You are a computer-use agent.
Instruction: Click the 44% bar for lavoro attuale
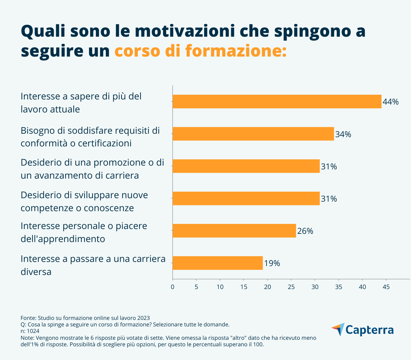click(x=277, y=101)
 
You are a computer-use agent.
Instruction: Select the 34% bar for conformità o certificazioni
click(x=253, y=134)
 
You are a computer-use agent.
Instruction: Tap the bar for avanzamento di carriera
click(x=246, y=166)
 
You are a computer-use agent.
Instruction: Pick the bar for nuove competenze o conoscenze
click(x=246, y=198)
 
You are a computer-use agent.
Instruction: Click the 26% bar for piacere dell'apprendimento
click(x=234, y=230)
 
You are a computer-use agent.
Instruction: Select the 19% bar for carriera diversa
click(x=217, y=263)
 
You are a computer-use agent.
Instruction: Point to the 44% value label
click(x=390, y=102)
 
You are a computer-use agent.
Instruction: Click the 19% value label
click(x=272, y=263)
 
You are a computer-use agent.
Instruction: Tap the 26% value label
click(x=305, y=231)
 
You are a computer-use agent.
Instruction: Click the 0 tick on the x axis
click(x=172, y=287)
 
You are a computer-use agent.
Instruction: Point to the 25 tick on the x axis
click(x=291, y=287)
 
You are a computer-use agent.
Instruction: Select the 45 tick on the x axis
click(x=386, y=287)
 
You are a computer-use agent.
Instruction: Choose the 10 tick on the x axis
click(x=220, y=287)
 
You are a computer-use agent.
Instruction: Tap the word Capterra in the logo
click(x=370, y=330)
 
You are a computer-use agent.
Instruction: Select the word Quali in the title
click(x=43, y=32)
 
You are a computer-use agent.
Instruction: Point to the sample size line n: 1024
click(x=30, y=331)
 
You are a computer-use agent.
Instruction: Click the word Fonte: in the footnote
click(x=28, y=318)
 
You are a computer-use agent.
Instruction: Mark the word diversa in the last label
click(x=36, y=272)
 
